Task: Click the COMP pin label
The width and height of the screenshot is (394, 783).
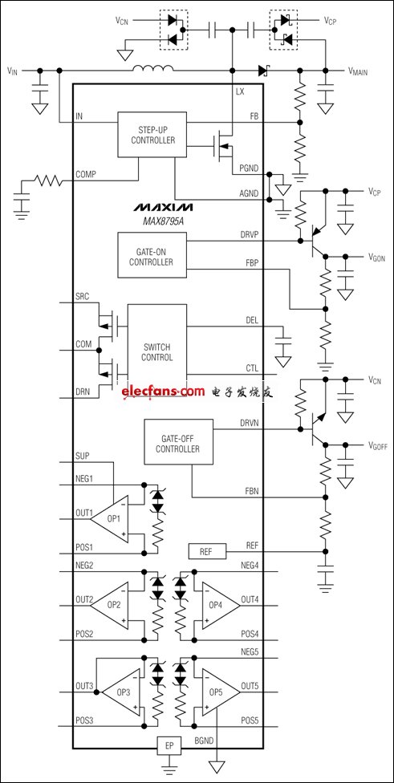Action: [86, 174]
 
